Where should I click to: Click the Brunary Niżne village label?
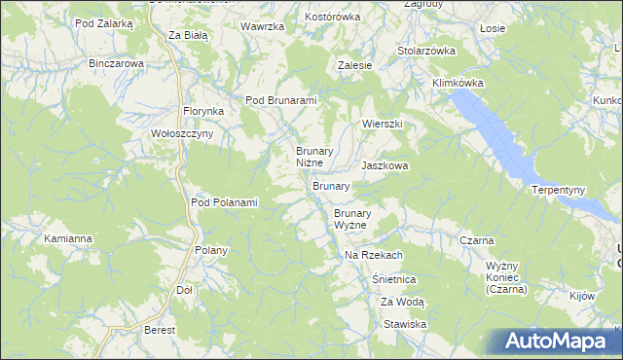[315, 157]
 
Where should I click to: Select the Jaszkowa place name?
[385, 166]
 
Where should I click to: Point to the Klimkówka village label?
[458, 83]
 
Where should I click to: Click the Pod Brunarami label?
[281, 100]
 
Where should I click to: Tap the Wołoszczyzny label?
[175, 134]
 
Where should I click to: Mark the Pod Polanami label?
[224, 202]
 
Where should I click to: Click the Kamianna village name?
[68, 237]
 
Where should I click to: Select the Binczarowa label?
[116, 63]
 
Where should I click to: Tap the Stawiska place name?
[405, 324]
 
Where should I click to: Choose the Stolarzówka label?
[426, 51]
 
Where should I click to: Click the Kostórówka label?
[333, 18]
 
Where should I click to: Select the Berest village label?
[160, 330]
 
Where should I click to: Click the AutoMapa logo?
[556, 342]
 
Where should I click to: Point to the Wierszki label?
[383, 125]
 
